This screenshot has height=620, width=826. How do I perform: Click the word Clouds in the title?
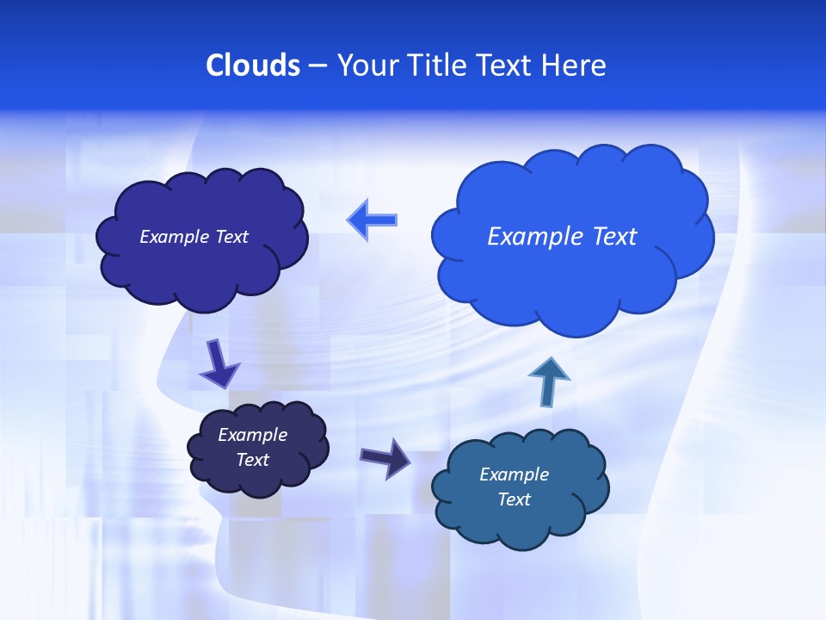253,65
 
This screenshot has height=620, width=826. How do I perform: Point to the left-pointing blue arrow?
373,220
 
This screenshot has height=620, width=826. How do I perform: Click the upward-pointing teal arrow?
549,381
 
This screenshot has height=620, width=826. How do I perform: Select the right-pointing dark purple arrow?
385,457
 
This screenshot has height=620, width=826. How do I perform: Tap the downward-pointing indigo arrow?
220,363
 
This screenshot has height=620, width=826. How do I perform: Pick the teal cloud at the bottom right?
520,487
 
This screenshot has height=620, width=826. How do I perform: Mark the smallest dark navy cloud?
257,448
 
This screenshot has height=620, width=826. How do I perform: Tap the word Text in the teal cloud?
514,499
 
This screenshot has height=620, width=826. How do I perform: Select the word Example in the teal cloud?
514,474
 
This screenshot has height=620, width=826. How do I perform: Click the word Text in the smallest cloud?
253,460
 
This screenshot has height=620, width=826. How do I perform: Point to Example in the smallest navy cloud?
253,435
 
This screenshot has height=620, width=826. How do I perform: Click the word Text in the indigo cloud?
231,237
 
